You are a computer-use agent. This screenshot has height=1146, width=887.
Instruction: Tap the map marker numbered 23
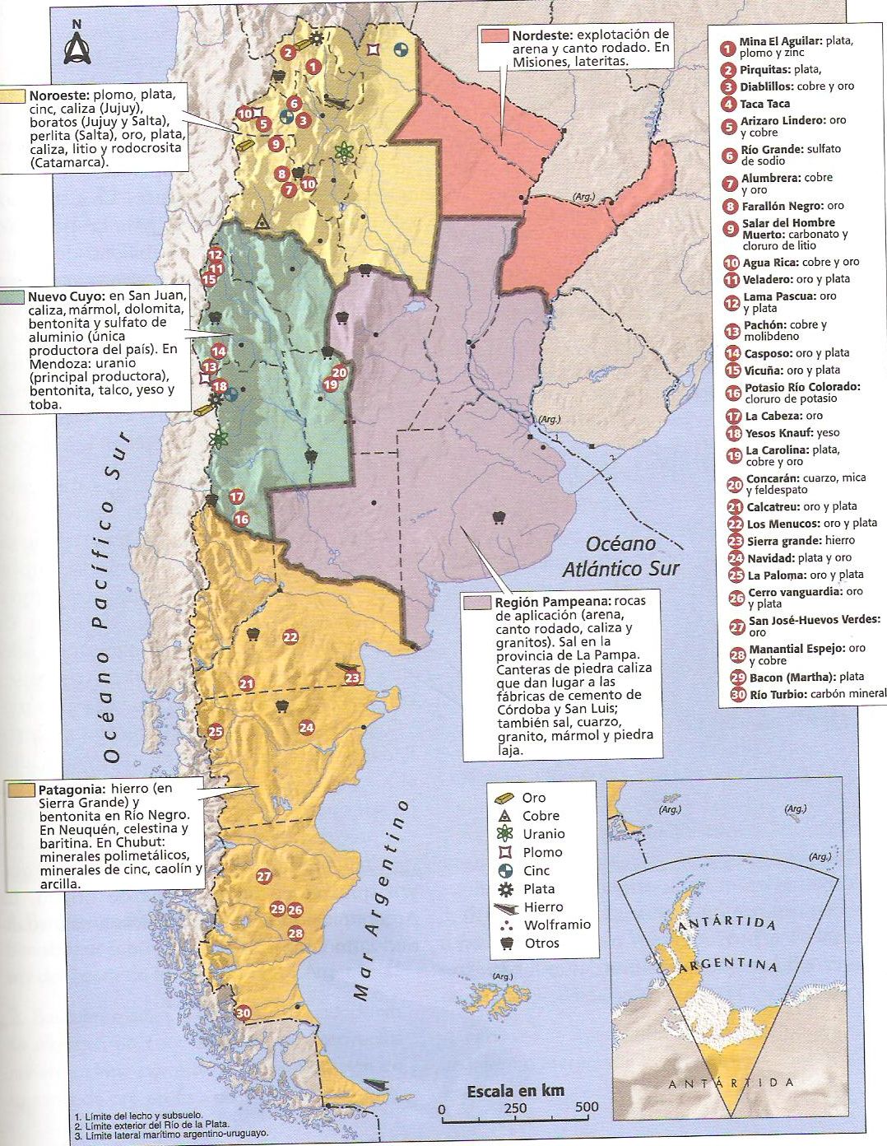352,678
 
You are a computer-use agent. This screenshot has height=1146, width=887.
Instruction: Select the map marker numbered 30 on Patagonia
243,1013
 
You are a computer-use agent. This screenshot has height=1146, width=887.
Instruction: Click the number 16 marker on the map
241,519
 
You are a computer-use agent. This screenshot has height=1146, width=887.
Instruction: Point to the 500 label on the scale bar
587,1107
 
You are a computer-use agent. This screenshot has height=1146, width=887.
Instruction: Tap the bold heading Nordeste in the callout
541,35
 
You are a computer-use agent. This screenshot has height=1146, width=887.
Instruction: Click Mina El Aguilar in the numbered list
780,40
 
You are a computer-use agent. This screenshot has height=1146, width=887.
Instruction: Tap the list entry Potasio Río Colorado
802,387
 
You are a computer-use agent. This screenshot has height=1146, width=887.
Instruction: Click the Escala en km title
515,1091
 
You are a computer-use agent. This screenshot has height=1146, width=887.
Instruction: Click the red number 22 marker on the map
290,636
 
